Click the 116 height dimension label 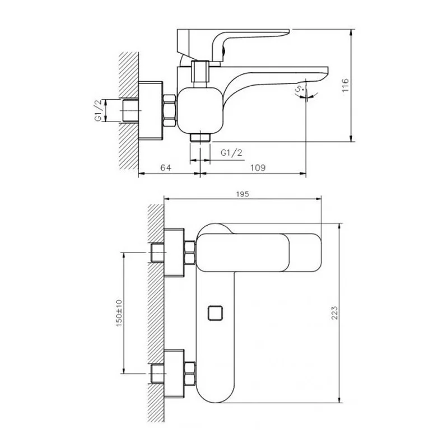coord(346,85)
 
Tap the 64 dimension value coord(166,167)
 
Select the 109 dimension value coord(258,167)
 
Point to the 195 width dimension coord(242,194)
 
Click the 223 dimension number coord(334,312)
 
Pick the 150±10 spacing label coord(119,313)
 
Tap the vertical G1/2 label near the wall coord(99,110)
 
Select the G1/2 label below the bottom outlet coord(231,153)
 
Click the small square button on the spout coord(215,313)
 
